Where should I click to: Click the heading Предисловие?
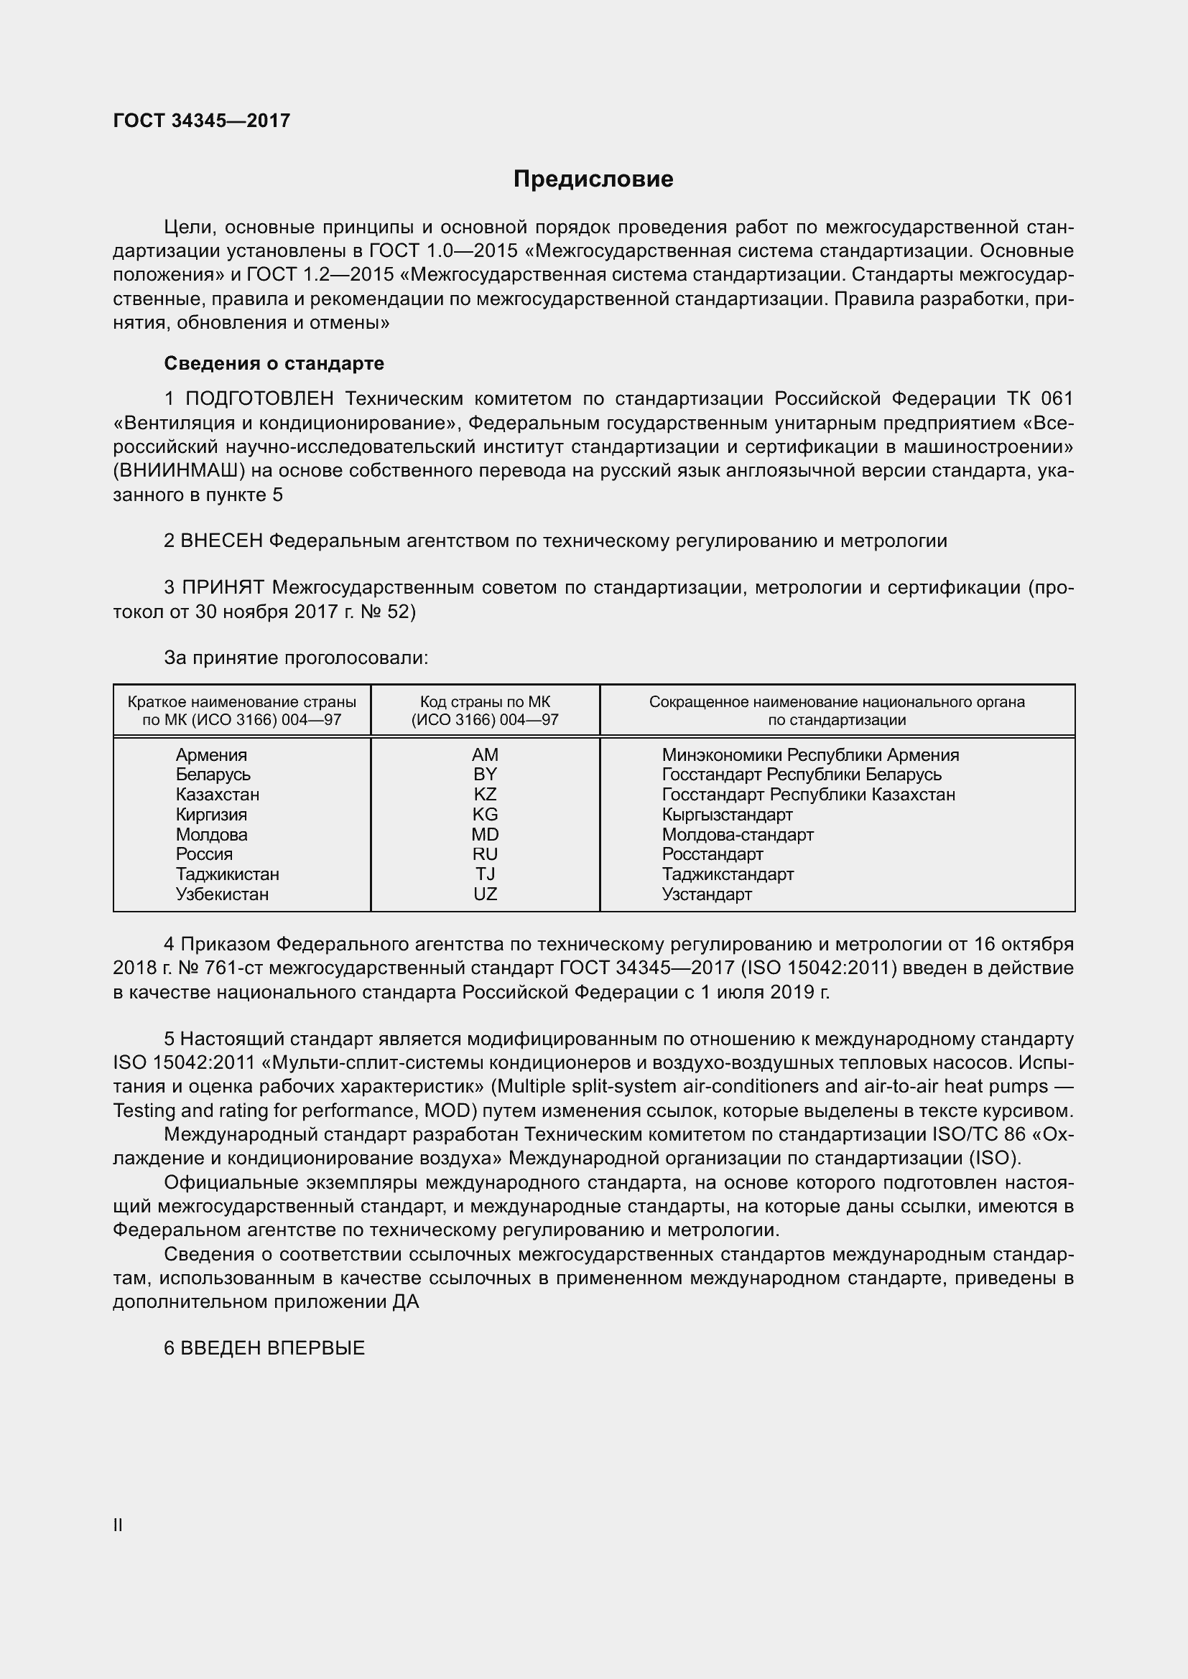593,179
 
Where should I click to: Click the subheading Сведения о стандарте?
274,363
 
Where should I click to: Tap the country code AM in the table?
484,754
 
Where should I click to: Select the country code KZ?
484,794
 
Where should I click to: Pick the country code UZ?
484,894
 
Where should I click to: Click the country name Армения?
210,754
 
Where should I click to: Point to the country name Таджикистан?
227,874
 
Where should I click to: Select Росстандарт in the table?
712,854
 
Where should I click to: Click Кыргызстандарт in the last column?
726,815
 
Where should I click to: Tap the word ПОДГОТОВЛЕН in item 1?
259,399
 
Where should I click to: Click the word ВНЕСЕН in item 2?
221,541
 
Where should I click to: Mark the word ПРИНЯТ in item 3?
223,587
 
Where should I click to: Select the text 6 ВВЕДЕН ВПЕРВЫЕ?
264,1349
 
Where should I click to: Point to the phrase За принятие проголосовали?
295,658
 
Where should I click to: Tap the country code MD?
484,834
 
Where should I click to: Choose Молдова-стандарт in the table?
737,834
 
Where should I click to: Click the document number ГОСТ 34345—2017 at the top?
201,121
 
